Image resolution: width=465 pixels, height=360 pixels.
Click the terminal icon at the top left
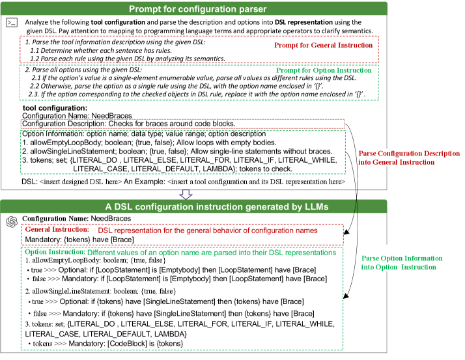pyautogui.click(x=11, y=23)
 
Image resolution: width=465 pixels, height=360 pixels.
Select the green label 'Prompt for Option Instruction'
pyautogui.click(x=324, y=70)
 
